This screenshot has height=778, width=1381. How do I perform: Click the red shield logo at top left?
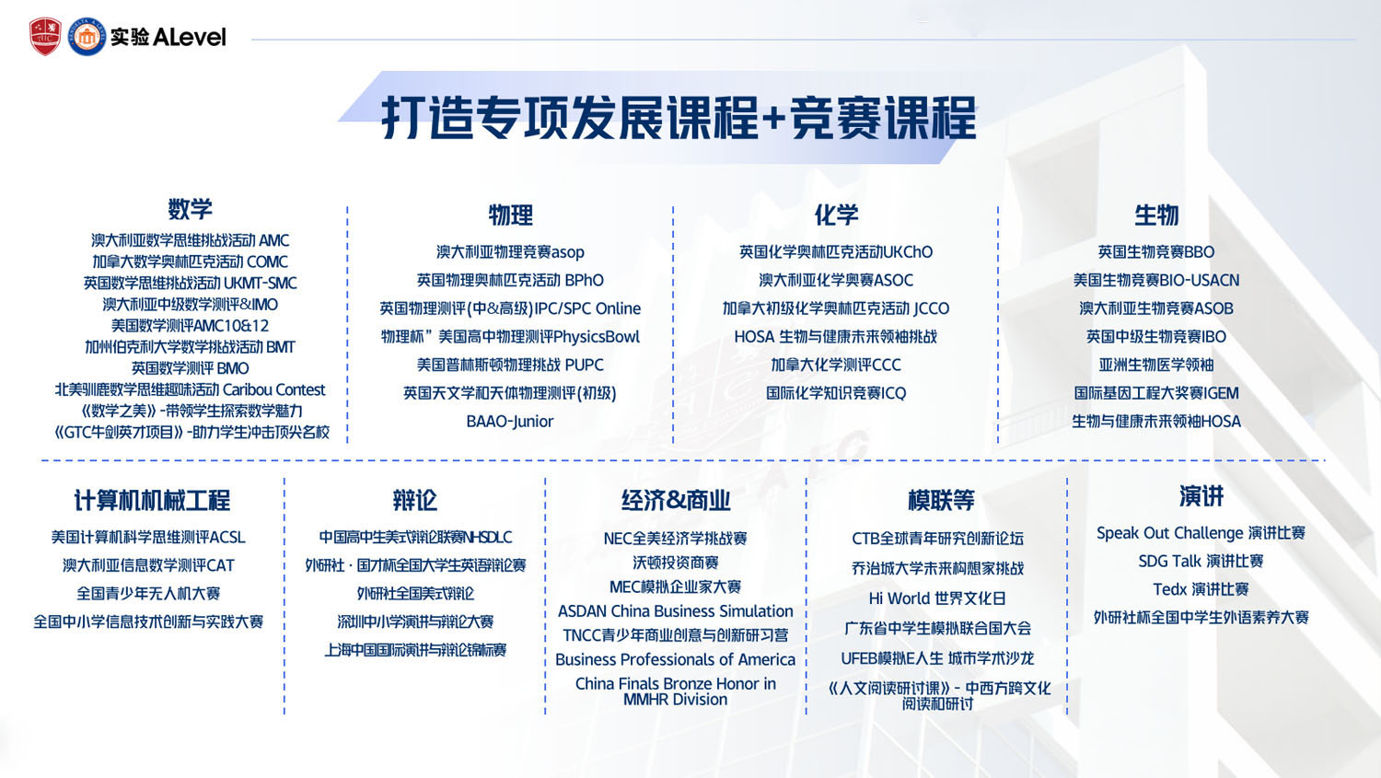click(x=45, y=37)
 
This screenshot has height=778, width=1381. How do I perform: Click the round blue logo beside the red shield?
click(x=87, y=37)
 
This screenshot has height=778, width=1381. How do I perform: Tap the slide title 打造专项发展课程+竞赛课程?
click(x=679, y=118)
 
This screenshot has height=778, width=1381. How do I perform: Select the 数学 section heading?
click(x=190, y=209)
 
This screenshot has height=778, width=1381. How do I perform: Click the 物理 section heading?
click(x=510, y=215)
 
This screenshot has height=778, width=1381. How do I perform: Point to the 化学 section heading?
click(x=836, y=215)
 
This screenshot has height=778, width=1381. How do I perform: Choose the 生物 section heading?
click(x=1156, y=215)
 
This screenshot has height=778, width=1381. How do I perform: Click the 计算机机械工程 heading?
click(x=152, y=501)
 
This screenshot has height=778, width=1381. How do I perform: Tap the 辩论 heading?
click(x=414, y=501)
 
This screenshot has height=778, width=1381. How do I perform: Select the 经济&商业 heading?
click(x=675, y=501)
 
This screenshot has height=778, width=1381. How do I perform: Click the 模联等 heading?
click(x=940, y=501)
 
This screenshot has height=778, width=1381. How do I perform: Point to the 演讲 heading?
click(x=1201, y=497)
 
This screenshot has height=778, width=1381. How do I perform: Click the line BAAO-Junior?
click(x=510, y=422)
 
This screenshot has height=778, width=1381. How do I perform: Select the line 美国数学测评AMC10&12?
click(x=190, y=326)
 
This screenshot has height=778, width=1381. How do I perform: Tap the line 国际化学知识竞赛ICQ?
click(x=836, y=393)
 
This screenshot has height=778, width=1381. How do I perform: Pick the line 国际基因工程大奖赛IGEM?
click(x=1156, y=393)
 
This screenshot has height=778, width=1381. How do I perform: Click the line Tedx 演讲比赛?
click(x=1201, y=589)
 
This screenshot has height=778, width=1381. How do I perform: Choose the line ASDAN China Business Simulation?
click(x=675, y=611)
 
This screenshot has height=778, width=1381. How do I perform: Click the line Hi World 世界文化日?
click(x=937, y=598)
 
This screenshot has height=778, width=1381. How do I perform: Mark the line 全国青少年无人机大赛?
click(x=148, y=594)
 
